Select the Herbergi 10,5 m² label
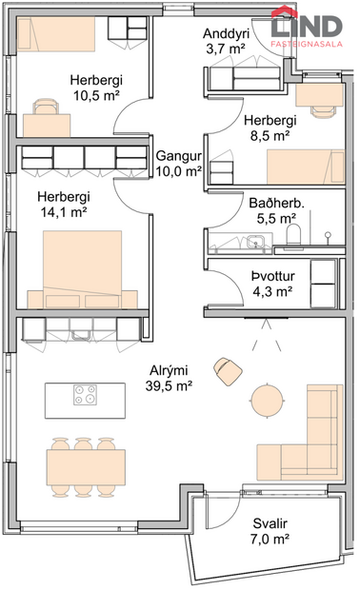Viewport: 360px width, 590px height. (94, 88)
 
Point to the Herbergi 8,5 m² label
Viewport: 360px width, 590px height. (270, 128)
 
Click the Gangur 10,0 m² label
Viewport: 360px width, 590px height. (178, 163)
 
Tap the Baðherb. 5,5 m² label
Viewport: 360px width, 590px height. (271, 210)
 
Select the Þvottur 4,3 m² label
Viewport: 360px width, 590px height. (271, 283)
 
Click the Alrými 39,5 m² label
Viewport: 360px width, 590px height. (167, 378)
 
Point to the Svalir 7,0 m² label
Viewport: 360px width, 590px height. (271, 531)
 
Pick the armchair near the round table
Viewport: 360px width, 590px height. (229, 370)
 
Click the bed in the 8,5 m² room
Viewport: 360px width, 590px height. (304, 167)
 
